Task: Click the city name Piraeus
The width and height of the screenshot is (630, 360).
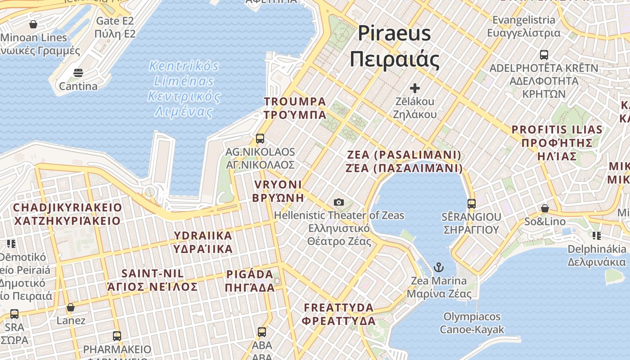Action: point(394,34)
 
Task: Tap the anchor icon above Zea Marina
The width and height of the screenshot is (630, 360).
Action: point(438,268)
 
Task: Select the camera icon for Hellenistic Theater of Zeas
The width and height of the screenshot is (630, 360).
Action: point(339,202)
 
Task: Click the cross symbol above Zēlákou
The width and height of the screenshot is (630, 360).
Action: point(415,88)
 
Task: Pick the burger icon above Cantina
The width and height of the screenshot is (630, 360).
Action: point(78,73)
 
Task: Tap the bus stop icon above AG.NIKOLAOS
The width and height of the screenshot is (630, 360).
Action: point(260,138)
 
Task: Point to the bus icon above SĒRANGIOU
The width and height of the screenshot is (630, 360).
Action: point(471,204)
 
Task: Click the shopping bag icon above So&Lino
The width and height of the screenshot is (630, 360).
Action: point(544,208)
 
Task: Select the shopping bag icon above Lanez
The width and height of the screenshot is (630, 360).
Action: point(71,308)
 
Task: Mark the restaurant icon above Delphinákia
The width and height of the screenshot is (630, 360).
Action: point(597,235)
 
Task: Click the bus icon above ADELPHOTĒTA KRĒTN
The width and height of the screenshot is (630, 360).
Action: point(544,55)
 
